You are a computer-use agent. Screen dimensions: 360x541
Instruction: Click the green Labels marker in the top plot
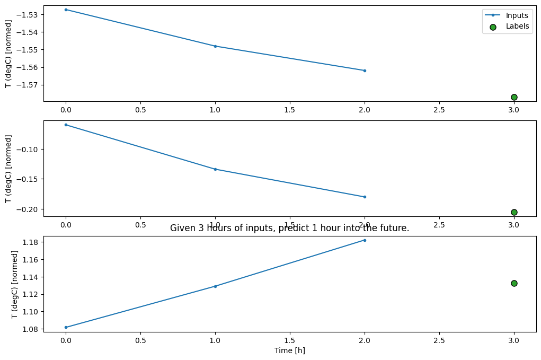click(514, 97)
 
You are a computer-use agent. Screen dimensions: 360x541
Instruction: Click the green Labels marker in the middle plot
click(514, 212)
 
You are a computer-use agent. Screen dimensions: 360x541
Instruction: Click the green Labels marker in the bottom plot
click(514, 283)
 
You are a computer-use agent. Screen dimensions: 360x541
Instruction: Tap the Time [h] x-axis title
click(289, 350)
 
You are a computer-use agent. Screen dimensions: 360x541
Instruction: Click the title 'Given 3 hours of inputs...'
click(289, 229)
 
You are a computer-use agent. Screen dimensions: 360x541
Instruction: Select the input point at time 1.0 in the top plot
click(215, 46)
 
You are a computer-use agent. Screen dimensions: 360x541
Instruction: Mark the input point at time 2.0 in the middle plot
click(365, 197)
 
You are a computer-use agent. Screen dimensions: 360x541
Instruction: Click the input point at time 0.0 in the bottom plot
click(66, 327)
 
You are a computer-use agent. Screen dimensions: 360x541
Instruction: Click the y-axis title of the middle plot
click(8, 169)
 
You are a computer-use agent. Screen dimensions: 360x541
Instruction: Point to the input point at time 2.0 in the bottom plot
click(365, 240)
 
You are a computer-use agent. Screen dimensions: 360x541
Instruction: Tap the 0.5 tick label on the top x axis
click(140, 110)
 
